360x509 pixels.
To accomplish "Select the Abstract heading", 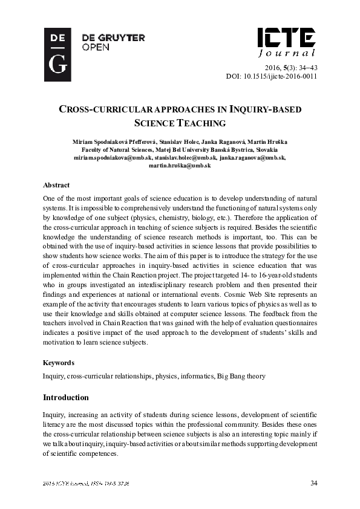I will [x=56, y=185].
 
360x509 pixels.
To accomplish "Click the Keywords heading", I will [x=59, y=363].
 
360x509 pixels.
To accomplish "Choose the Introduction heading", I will [x=66, y=398].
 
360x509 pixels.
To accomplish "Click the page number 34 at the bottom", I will [x=313, y=482].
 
